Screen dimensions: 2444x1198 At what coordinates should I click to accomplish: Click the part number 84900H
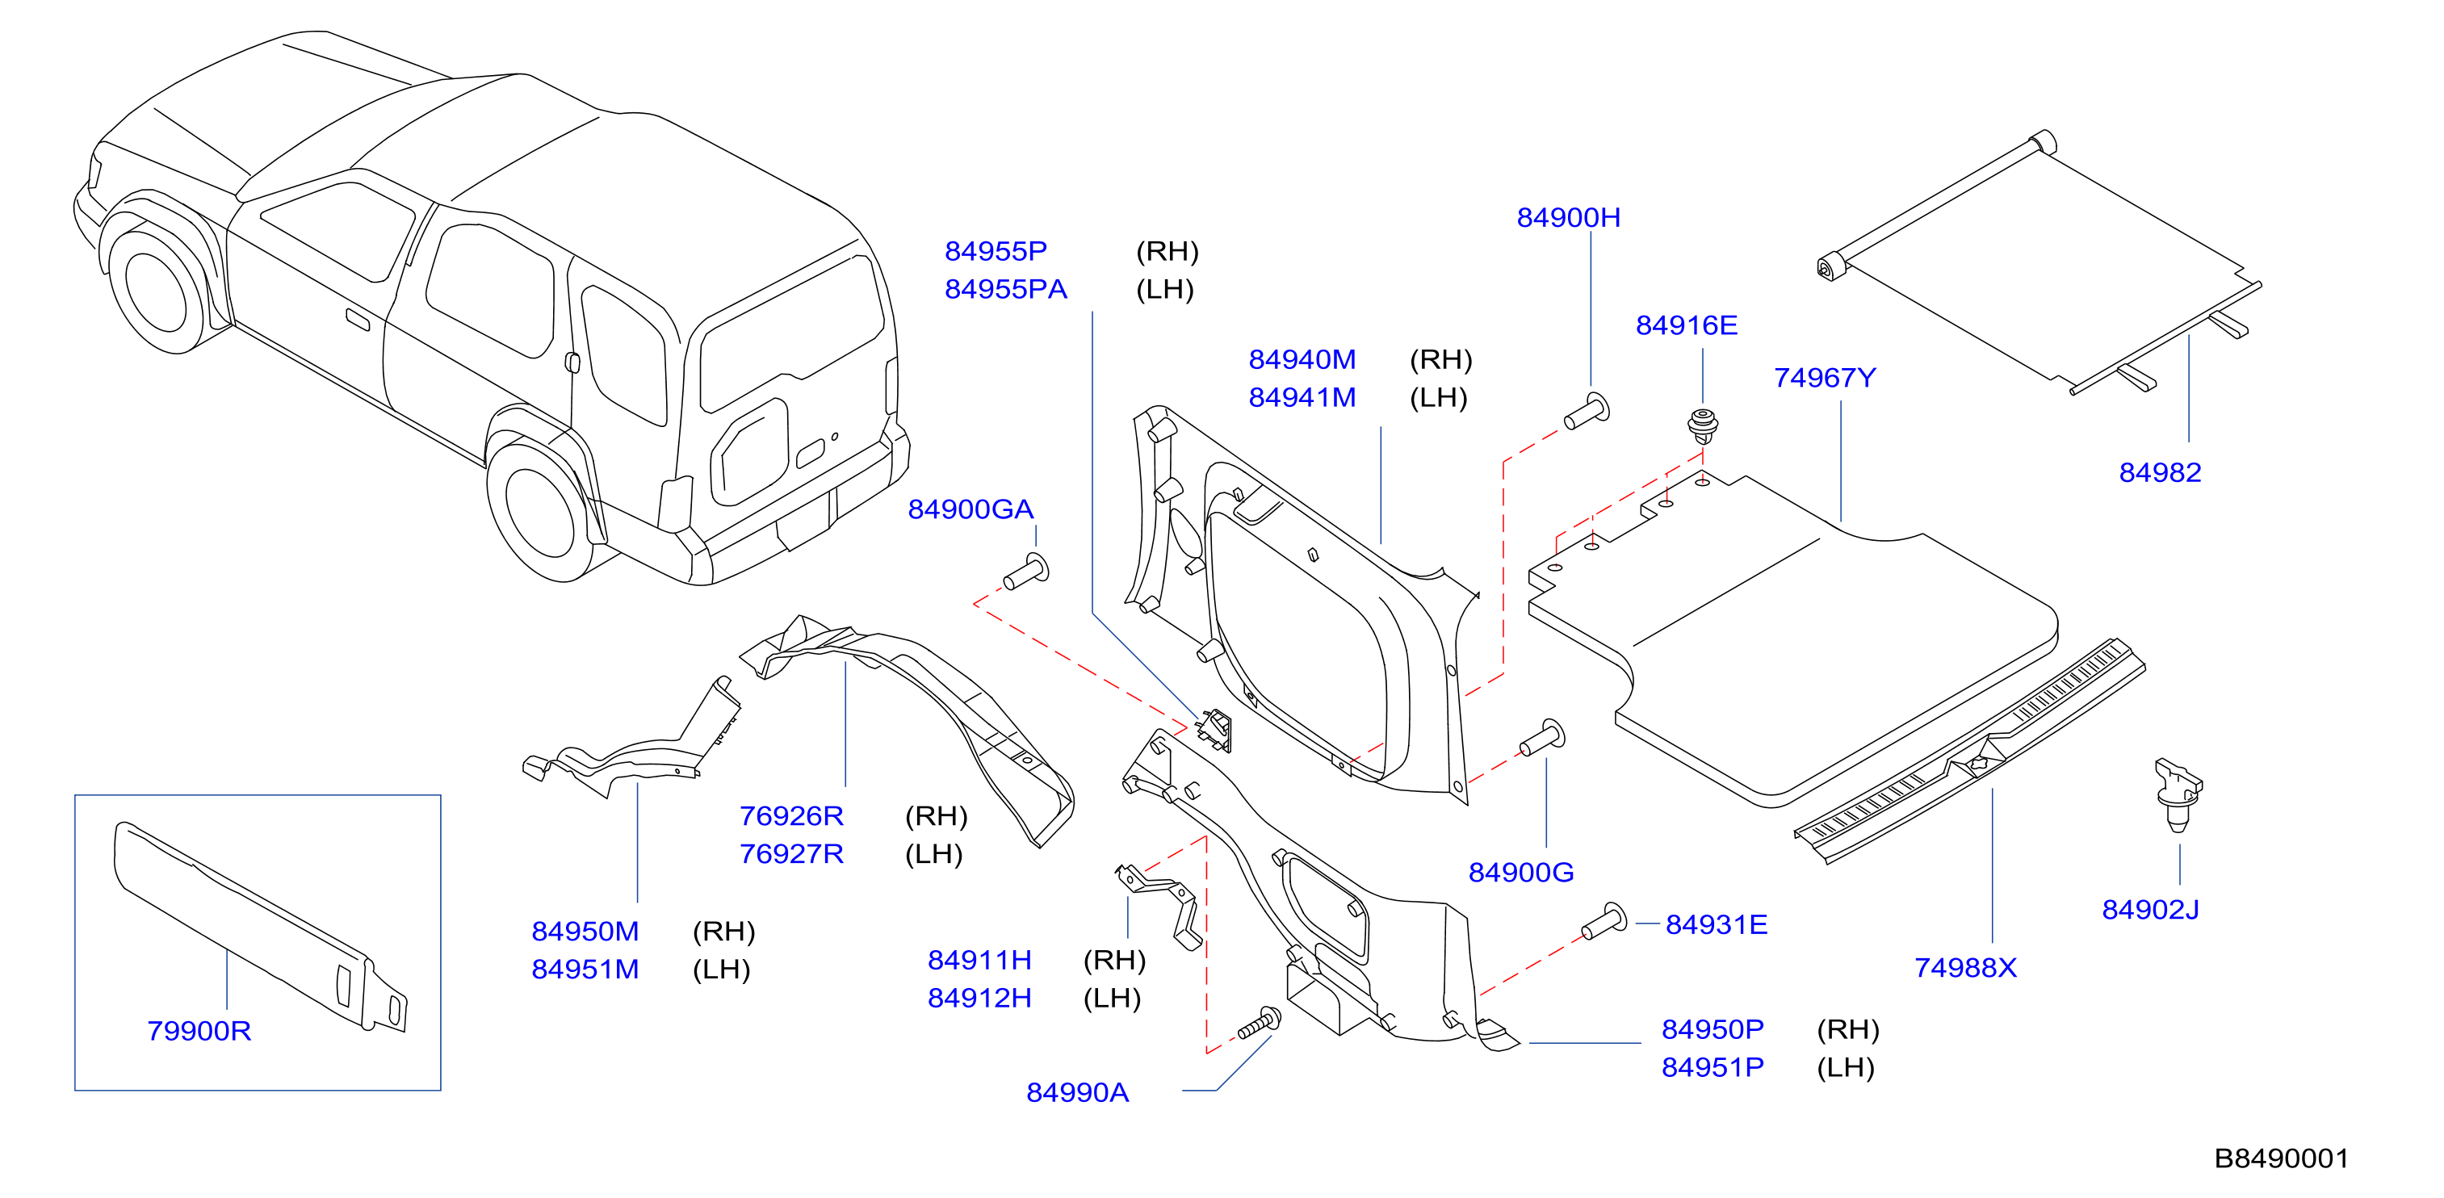(1568, 218)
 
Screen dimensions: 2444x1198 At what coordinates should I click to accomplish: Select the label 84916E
(1686, 326)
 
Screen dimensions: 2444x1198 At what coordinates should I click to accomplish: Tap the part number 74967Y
(1825, 379)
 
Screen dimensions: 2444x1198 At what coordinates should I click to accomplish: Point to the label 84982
(2159, 472)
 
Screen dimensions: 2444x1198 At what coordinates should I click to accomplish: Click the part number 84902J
(2150, 911)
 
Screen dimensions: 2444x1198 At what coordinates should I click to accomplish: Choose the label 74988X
(1965, 969)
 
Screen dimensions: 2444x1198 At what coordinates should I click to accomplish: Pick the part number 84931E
(1717, 925)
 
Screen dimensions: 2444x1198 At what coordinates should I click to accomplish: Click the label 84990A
(1077, 1093)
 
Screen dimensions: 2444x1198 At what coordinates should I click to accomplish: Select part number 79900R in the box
(199, 1031)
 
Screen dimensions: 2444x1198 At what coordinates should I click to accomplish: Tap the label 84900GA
(970, 510)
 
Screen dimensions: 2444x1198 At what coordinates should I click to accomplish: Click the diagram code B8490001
(2281, 1159)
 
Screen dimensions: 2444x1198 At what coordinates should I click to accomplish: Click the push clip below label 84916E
(1703, 427)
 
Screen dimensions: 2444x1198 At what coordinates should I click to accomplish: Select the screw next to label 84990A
(1259, 1024)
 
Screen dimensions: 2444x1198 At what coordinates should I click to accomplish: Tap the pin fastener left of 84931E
(1603, 921)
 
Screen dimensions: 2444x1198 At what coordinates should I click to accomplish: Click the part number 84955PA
(1006, 289)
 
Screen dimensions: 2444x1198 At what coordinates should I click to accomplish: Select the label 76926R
(791, 817)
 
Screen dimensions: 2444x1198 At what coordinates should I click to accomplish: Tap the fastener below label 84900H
(1587, 412)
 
